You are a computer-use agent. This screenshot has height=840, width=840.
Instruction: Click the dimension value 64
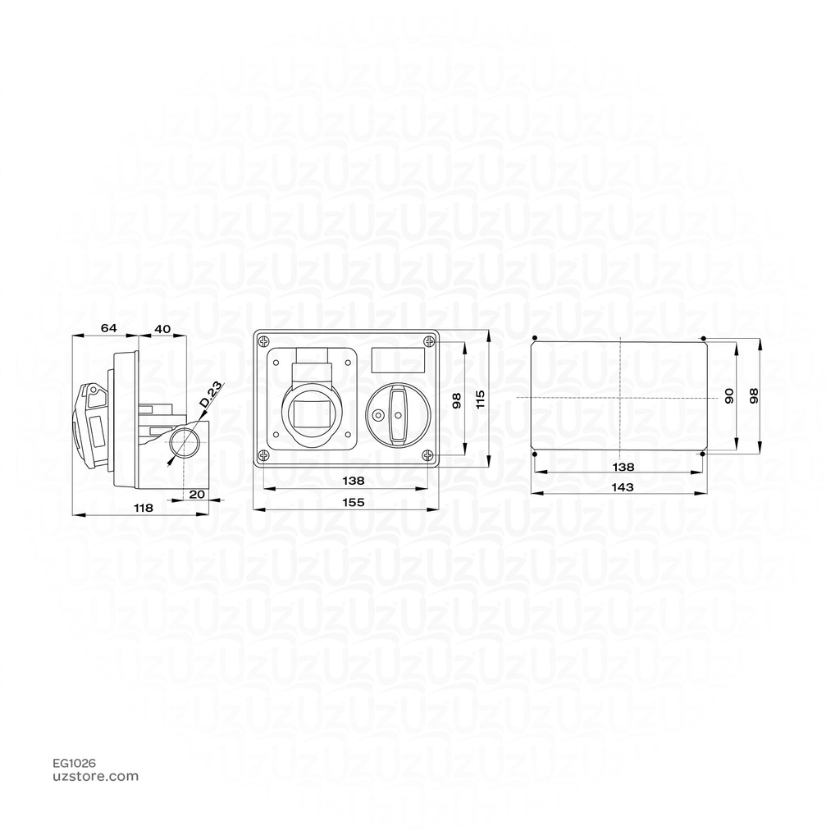(108, 328)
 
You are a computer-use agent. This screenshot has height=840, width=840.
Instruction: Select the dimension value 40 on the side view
(162, 328)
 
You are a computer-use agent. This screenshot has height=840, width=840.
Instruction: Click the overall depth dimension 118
(143, 508)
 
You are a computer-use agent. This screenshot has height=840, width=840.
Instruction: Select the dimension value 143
(623, 486)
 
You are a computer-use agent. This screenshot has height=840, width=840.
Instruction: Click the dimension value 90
(728, 397)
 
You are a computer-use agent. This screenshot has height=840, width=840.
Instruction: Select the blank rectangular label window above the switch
(399, 360)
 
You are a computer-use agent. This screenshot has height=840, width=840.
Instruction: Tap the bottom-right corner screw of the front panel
(427, 456)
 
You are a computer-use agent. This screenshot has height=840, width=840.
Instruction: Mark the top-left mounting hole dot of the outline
(535, 338)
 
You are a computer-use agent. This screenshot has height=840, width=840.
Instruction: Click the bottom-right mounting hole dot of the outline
(703, 453)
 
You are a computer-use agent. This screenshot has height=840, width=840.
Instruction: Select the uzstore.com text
(95, 776)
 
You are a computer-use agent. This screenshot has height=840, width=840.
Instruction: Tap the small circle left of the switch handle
(378, 415)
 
